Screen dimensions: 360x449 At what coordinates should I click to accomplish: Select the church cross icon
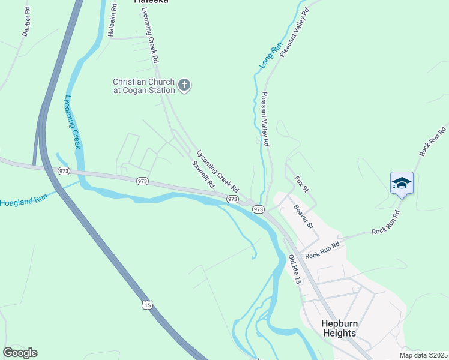185,86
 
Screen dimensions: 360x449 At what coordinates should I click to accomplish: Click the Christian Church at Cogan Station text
144,86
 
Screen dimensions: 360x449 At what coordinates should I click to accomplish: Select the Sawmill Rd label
203,175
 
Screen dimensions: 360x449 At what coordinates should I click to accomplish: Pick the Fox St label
301,184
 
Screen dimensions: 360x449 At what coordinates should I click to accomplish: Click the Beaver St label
303,217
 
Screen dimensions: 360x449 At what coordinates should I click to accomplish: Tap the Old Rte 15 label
294,269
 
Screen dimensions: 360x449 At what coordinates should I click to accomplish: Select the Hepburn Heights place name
339,328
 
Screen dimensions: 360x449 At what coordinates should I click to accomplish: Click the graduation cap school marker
401,182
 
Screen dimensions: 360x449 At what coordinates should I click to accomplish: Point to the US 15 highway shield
148,305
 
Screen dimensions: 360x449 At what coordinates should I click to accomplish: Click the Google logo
20,353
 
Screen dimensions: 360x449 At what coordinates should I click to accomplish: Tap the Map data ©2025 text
423,355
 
